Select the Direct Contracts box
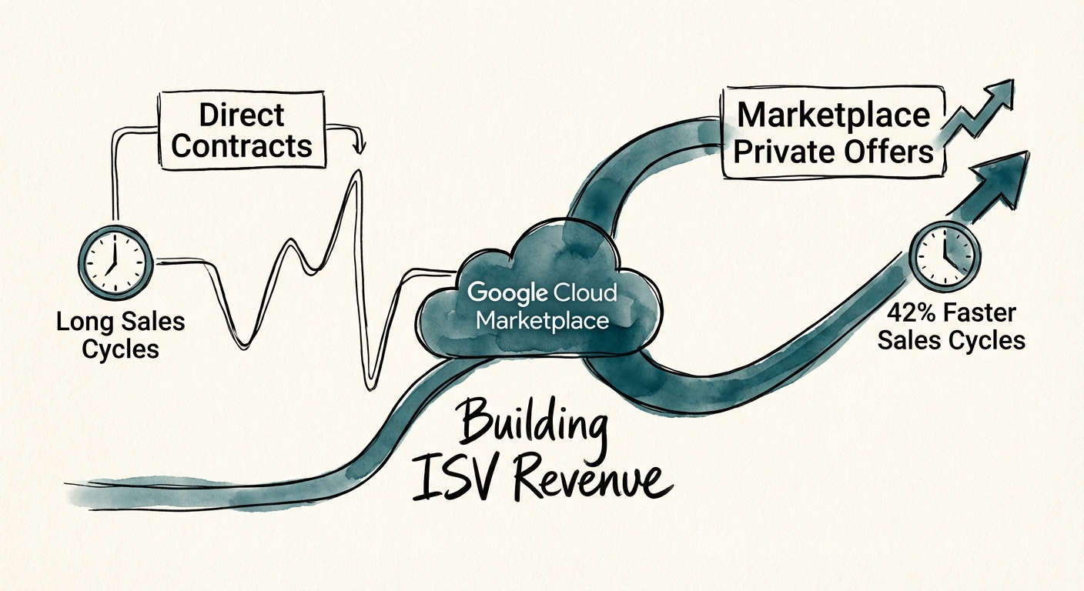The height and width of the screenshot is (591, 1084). [242, 130]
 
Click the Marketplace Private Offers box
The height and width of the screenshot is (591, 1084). [833, 132]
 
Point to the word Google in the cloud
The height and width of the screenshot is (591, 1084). [507, 292]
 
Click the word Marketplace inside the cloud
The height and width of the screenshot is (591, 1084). [542, 319]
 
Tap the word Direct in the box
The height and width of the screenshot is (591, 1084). [242, 115]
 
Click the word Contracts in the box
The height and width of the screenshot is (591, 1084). [242, 145]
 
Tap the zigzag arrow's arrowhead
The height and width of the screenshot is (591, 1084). [1000, 92]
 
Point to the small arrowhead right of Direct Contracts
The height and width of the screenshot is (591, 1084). [357, 146]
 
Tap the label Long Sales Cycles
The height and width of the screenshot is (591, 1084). [120, 334]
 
